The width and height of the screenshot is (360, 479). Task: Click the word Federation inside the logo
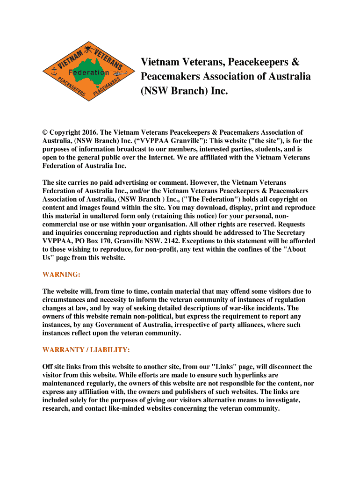88,73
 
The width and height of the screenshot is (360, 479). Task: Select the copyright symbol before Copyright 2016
45,132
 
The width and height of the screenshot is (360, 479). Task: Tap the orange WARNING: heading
61,274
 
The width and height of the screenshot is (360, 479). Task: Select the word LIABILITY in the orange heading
106,349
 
